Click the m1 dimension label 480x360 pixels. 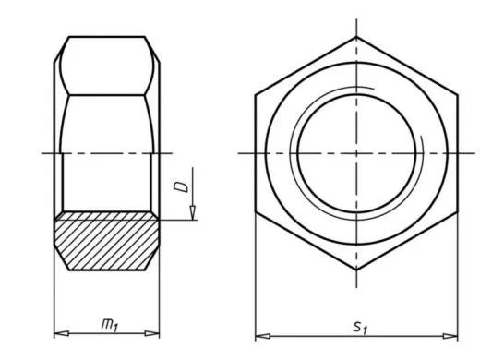[109, 324]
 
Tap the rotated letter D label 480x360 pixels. [180, 187]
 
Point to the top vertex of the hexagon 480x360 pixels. [356, 38]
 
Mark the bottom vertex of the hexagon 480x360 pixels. [356, 269]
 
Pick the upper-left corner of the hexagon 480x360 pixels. [256, 95]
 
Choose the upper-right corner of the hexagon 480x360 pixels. [457, 95]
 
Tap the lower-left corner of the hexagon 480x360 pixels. [256, 211]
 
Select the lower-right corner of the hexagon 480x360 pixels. [457, 211]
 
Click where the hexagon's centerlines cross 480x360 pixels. [356, 153]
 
